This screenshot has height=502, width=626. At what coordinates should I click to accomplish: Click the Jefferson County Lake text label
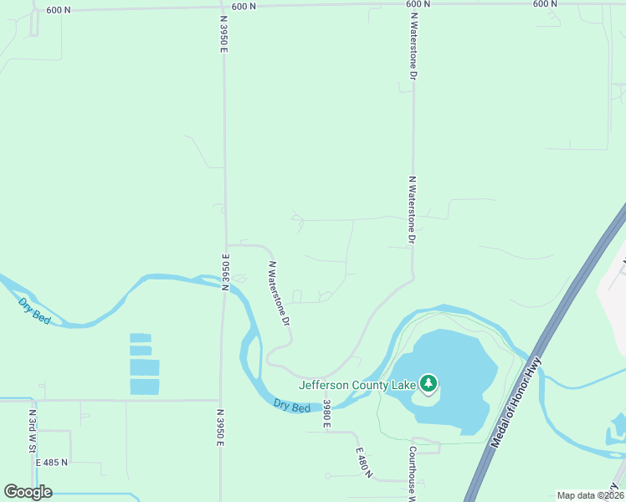point(359,385)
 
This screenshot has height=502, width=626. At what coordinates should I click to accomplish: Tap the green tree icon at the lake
point(429,384)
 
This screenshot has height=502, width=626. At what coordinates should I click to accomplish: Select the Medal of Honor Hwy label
point(517,403)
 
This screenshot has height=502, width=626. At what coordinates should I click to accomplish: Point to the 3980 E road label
point(327,413)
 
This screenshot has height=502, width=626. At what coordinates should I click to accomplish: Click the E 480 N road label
point(361,460)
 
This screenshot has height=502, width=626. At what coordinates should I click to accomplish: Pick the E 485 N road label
point(52,462)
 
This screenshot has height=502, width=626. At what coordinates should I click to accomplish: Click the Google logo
point(28,492)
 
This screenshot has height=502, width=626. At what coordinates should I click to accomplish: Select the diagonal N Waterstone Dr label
point(279,293)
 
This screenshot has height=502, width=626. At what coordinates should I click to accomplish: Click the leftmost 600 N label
point(58,9)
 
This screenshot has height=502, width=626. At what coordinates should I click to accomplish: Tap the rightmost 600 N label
point(545,4)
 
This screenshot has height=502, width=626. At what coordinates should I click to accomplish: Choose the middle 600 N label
point(243,6)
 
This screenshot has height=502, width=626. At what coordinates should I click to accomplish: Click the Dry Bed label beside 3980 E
point(292,405)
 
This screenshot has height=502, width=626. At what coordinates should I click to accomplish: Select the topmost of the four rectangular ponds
point(141,338)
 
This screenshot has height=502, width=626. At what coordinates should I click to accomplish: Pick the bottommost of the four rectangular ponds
point(144,387)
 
